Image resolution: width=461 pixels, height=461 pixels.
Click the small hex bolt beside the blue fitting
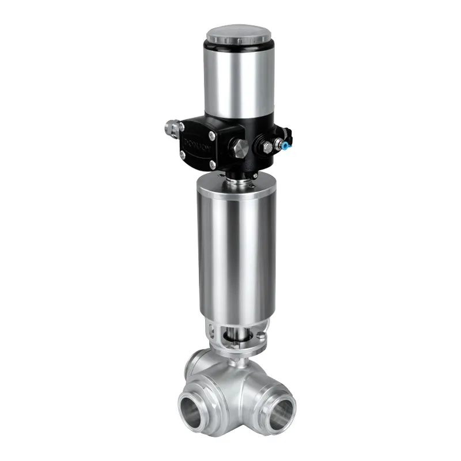click(x=267, y=148)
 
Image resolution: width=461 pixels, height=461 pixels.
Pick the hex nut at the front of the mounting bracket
click(x=236, y=344)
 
